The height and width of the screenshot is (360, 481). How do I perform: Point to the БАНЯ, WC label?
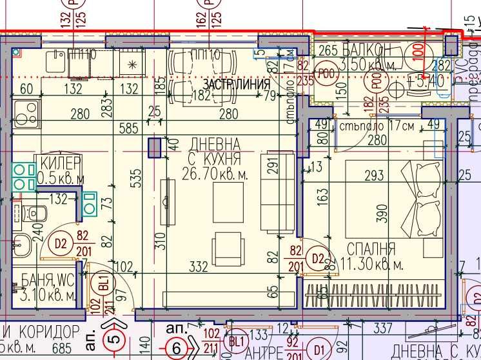click(47, 286)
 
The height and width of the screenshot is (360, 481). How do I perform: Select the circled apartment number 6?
click(175, 348)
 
